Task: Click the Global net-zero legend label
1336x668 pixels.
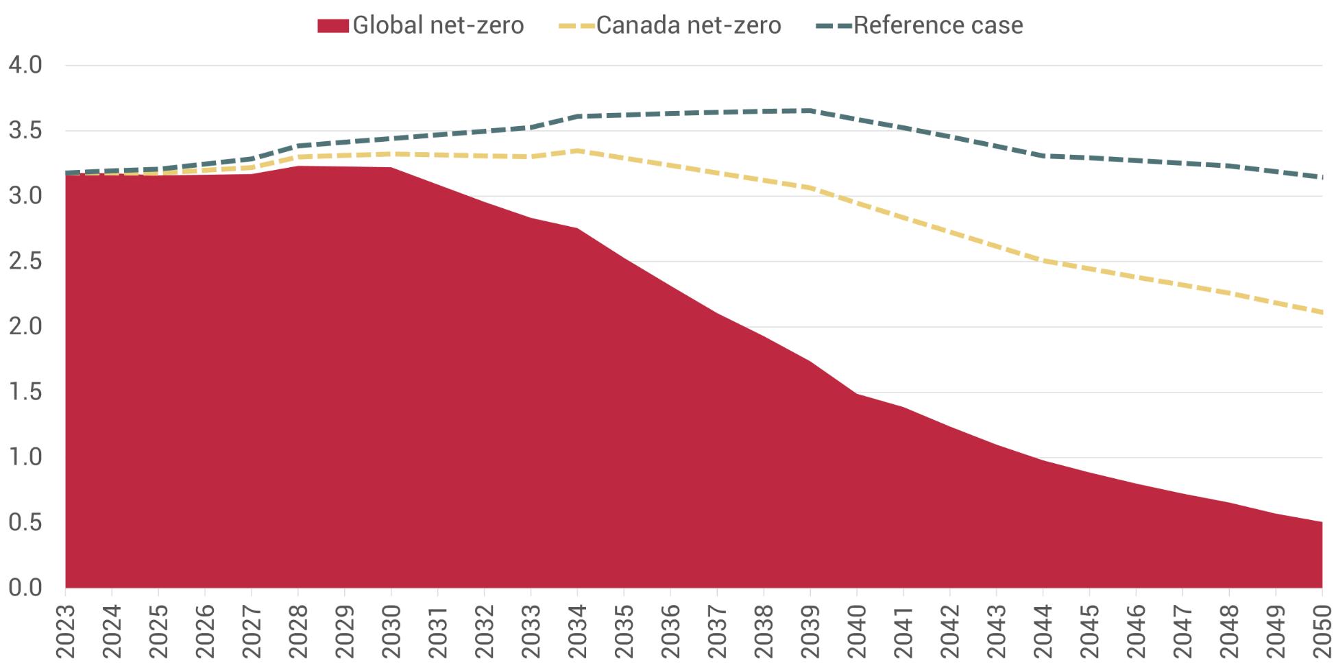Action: (x=438, y=25)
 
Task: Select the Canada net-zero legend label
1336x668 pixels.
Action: (x=688, y=25)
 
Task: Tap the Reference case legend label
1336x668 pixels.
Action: (x=938, y=25)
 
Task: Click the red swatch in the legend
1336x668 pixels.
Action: (x=333, y=26)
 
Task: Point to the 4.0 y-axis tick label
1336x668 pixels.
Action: (x=25, y=65)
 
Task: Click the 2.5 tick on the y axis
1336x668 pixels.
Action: (x=25, y=262)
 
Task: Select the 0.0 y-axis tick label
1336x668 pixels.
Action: (x=25, y=588)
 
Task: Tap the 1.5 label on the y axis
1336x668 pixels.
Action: (x=25, y=393)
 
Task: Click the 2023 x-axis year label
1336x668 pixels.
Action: (x=65, y=631)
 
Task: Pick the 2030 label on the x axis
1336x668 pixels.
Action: (x=391, y=631)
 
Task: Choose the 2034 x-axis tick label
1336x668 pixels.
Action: (x=577, y=631)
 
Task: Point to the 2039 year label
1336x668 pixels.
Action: (x=810, y=631)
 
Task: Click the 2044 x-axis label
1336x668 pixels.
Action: (x=1043, y=631)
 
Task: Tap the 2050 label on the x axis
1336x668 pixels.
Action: (x=1322, y=631)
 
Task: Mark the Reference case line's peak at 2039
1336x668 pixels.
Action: (x=810, y=110)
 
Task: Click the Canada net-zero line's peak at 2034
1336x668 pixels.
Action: (x=577, y=150)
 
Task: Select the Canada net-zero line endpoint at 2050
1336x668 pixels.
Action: (x=1322, y=312)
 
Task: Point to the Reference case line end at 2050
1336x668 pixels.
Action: (x=1322, y=177)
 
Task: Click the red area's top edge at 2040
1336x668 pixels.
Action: (x=857, y=393)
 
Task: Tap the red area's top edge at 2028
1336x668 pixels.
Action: (x=298, y=166)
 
